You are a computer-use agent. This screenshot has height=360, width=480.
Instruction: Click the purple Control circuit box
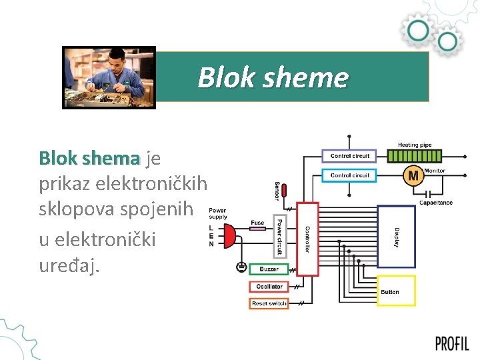tap(350, 156)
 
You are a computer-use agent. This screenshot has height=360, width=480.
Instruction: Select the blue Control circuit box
tap(350, 175)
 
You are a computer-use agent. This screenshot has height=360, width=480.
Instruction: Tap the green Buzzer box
tap(269, 269)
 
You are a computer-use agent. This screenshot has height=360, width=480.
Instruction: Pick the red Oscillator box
tap(269, 287)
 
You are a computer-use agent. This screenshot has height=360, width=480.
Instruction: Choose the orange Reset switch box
tap(269, 303)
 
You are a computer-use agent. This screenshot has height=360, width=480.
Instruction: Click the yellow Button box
tap(396, 291)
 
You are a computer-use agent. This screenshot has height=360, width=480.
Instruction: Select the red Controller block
tap(307, 239)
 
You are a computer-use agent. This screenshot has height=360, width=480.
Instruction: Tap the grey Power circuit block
tap(279, 237)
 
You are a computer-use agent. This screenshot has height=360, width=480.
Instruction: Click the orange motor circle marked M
tap(413, 176)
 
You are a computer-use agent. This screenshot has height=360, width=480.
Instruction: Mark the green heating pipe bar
tap(414, 157)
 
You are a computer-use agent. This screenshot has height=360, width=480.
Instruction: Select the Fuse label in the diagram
tap(257, 223)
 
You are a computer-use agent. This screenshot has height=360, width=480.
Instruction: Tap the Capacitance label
tap(435, 203)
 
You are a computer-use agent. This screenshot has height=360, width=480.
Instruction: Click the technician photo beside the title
tap(109, 77)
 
